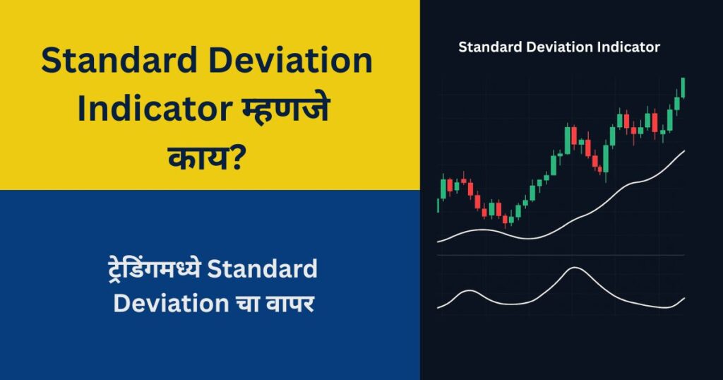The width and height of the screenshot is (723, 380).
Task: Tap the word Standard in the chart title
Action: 489,48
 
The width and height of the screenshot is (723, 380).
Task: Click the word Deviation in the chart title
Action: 558,48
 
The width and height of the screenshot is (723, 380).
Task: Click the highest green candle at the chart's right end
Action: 683,88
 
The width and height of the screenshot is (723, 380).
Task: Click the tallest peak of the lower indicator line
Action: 575,268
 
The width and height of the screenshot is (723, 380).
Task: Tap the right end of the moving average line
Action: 683,151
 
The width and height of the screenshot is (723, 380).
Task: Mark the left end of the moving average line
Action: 438,242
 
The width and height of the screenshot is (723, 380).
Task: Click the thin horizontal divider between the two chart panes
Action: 561,255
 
